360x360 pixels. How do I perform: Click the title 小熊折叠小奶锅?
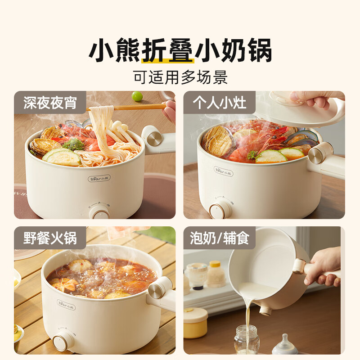tap(180, 52)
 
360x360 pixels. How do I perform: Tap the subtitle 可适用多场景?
tap(180, 77)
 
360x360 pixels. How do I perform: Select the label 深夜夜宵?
tap(49, 103)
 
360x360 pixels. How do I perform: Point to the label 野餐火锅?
tap(49, 237)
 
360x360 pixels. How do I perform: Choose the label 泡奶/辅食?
tap(219, 237)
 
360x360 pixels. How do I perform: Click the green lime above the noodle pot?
tap(137, 96)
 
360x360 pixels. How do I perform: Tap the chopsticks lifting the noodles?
tap(130, 107)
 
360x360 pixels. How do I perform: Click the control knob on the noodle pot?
tap(99, 211)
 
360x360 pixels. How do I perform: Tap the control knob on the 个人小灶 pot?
tap(221, 209)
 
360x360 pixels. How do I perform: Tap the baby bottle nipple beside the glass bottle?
tap(284, 345)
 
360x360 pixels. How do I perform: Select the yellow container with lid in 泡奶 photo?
tap(195, 323)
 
